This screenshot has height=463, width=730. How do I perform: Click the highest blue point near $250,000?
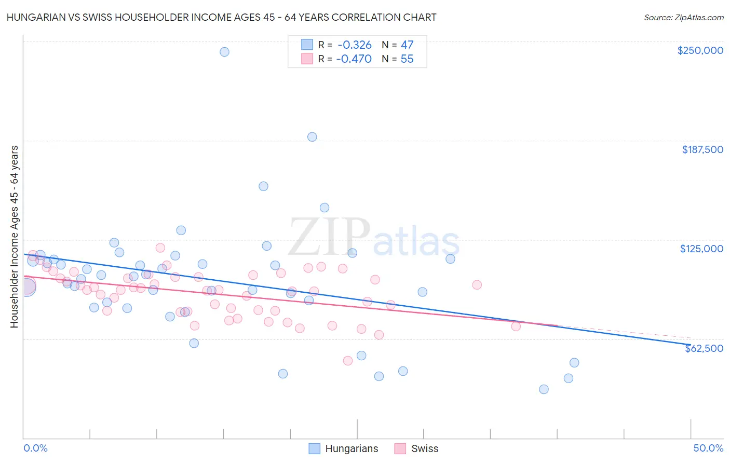point(224,52)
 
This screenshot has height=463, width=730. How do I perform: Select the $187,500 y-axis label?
point(702,149)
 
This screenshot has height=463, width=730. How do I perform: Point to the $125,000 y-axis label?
point(701,249)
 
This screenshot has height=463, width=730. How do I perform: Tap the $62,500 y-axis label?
point(704,348)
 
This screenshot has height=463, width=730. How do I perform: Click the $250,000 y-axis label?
point(700,50)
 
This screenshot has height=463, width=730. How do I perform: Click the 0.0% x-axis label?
point(36,448)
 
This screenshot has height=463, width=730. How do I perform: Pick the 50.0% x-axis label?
point(708,448)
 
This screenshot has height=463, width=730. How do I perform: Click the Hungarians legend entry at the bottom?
point(352,449)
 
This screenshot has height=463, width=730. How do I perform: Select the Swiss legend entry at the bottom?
point(425,449)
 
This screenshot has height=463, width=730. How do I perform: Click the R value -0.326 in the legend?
point(355,45)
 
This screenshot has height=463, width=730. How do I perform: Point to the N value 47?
point(407,45)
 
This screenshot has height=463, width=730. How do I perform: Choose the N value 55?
point(407,59)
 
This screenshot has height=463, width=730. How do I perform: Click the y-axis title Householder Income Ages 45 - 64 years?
point(15,237)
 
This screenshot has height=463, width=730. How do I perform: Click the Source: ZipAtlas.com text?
point(683,18)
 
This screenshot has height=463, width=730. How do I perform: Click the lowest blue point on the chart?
point(544,389)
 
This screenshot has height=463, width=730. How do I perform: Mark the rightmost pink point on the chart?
point(516,326)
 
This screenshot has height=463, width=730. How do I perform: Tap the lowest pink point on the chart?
point(348,361)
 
